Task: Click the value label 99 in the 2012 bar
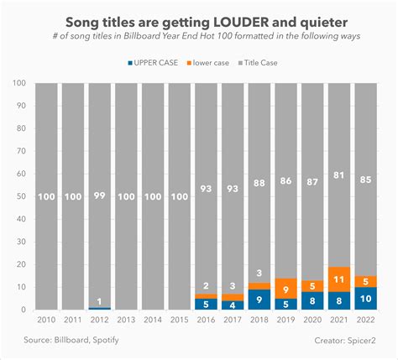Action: coord(101,196)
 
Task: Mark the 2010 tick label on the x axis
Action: coord(47,320)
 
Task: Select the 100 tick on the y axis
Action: coord(18,82)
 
